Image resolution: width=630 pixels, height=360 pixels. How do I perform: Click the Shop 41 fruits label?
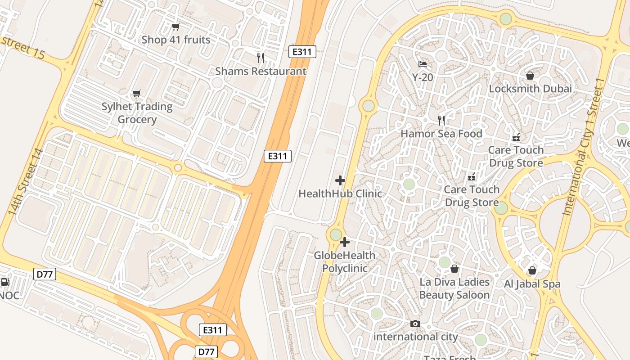(176, 40)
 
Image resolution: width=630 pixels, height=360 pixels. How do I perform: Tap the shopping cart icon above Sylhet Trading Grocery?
(136, 94)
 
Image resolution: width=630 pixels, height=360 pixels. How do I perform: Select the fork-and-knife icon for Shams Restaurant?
(261, 58)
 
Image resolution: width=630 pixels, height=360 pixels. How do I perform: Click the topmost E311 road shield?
(302, 52)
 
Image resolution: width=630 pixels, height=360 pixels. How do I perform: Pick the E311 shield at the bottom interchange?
(212, 330)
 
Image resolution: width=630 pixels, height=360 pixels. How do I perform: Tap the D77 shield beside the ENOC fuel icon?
(45, 274)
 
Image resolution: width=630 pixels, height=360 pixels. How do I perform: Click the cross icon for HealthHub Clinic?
(340, 180)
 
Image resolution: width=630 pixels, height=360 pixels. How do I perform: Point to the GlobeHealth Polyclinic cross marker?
(345, 242)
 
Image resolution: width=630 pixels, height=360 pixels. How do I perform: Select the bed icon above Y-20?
(423, 64)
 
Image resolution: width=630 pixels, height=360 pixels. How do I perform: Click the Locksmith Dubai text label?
(530, 89)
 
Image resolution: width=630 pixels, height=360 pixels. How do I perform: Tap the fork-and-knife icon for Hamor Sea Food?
(441, 120)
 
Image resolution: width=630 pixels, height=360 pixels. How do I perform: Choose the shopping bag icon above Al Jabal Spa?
(532, 270)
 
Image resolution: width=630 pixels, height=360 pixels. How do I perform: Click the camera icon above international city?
(415, 324)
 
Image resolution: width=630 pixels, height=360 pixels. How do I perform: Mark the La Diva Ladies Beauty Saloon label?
(454, 288)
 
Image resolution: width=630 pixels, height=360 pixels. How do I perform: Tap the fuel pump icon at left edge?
(5, 283)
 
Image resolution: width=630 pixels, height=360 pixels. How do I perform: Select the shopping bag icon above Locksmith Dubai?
(530, 75)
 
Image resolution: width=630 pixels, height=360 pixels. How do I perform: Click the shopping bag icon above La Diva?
(454, 269)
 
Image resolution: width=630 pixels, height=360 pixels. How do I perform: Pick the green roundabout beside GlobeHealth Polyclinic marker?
(336, 234)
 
